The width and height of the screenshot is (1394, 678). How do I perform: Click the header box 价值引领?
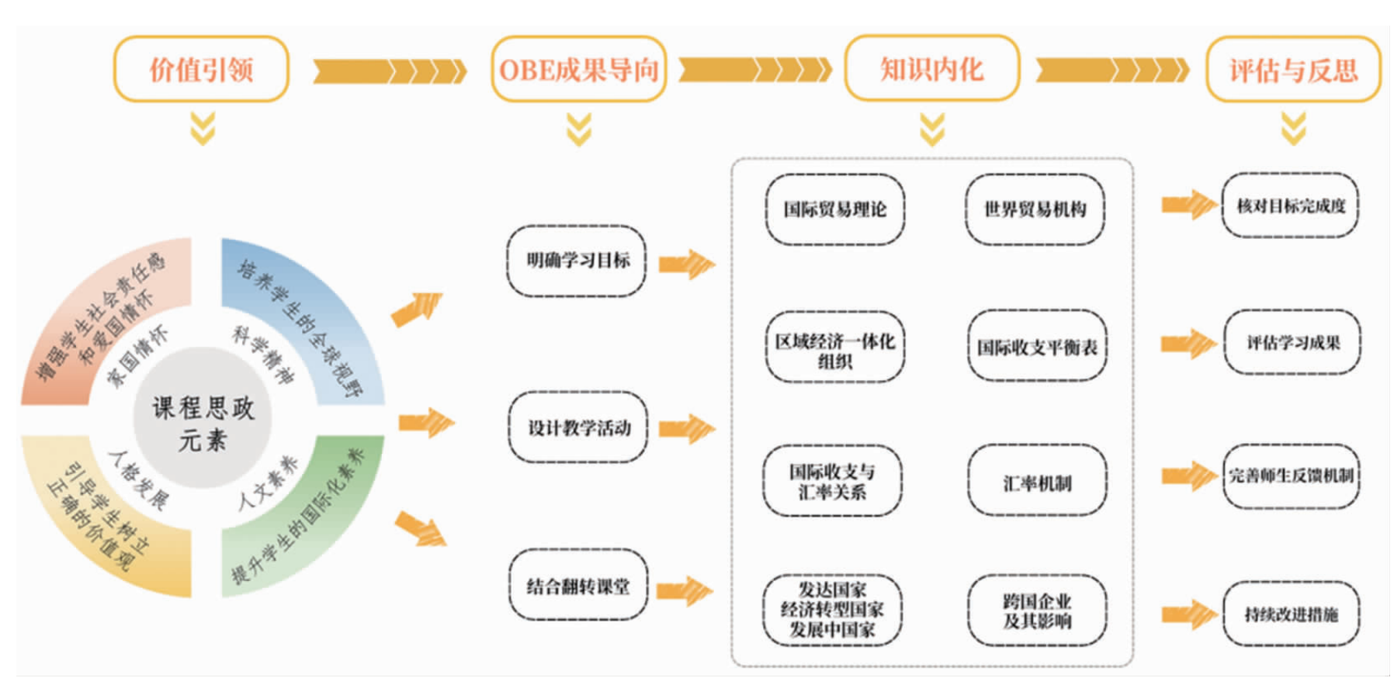click(x=201, y=69)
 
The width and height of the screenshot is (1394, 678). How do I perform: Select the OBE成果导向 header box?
click(x=578, y=69)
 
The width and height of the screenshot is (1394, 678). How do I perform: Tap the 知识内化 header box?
click(x=931, y=68)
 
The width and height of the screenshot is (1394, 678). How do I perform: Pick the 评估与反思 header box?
click(x=1293, y=70)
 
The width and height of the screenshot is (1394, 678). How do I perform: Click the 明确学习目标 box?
click(x=577, y=261)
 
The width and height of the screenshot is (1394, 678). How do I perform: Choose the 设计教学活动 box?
click(x=578, y=427)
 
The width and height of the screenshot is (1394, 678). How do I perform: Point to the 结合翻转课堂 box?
click(x=578, y=585)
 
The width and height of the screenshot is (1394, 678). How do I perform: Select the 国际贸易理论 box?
click(x=834, y=209)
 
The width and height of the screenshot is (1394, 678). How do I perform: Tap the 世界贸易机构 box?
click(x=1035, y=209)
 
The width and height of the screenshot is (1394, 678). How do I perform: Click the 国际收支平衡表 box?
click(x=1037, y=346)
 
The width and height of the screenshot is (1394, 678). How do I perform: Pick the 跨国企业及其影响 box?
click(x=1037, y=611)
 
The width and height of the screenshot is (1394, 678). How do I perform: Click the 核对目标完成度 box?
click(x=1290, y=206)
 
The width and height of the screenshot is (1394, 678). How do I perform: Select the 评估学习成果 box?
click(x=1292, y=343)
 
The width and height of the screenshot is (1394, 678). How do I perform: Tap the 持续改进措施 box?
click(x=1292, y=614)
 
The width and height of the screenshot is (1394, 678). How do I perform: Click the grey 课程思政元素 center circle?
click(x=203, y=417)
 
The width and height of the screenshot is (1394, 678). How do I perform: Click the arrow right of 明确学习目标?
click(x=686, y=264)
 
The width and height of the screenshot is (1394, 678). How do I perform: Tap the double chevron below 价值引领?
click(x=203, y=129)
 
